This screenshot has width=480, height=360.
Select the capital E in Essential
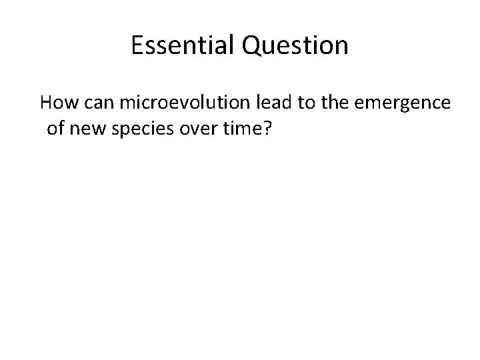[138, 45]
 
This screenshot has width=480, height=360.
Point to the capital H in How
[46, 103]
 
